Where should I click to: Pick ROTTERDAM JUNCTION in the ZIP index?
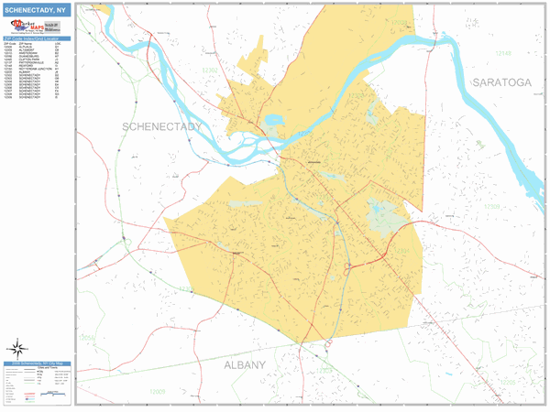pyautogui.click(x=36, y=69)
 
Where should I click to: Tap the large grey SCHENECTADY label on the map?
pyautogui.click(x=161, y=125)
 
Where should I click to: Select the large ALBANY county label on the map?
pyautogui.click(x=245, y=365)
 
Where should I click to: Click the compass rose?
pyautogui.click(x=17, y=349)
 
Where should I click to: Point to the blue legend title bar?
pyautogui.click(x=36, y=364)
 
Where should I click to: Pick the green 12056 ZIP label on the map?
pyautogui.click(x=87, y=338)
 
